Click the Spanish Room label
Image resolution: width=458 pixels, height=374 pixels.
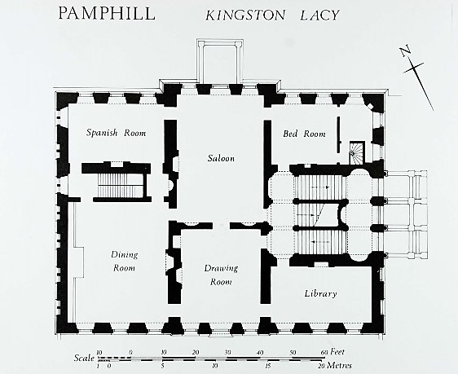click(117, 133)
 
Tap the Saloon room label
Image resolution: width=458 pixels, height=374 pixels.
click(220, 158)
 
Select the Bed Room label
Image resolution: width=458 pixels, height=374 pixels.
click(304, 134)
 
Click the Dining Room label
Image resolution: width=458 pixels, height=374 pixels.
click(124, 261)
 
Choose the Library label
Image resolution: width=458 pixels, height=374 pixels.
click(320, 293)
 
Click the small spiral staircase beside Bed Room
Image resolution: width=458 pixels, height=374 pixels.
click(357, 152)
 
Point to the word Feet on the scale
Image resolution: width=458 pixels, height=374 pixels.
click(339, 353)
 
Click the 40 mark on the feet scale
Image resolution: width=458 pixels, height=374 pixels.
click(259, 353)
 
